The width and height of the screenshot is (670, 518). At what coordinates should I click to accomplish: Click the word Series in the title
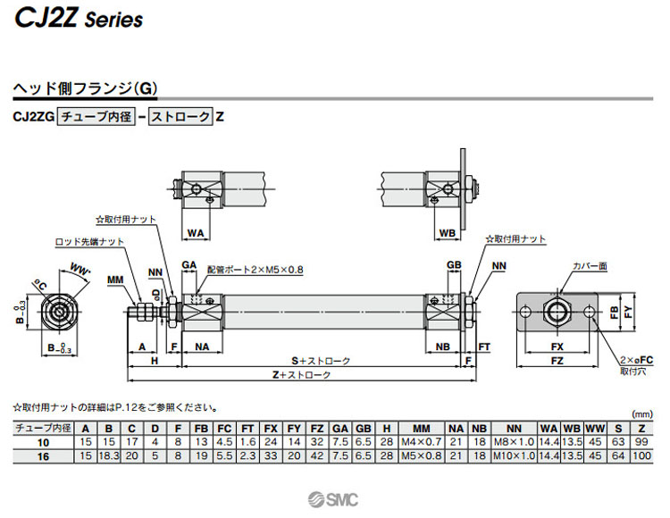coord(113,20)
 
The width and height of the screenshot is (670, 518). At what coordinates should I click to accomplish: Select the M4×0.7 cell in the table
coord(422,441)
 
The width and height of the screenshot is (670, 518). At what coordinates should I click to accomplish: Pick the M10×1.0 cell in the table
coord(514,455)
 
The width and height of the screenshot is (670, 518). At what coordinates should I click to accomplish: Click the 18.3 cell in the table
coord(109,455)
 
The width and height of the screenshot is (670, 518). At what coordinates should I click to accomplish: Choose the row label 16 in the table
coord(42,455)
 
